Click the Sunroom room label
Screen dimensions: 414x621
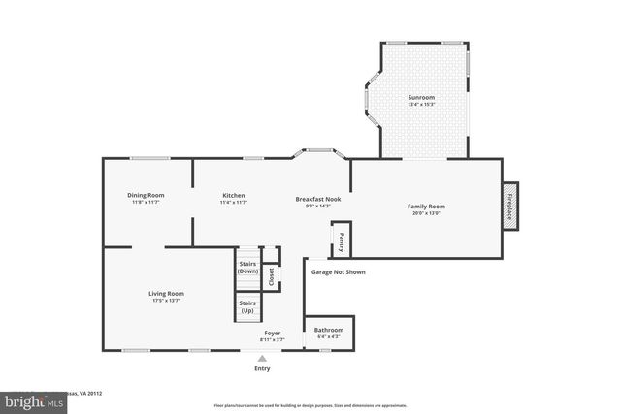[x=421, y=97]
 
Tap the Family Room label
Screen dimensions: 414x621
[x=425, y=206]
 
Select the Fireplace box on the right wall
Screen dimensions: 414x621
[x=509, y=206]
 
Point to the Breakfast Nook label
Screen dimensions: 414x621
[x=318, y=199]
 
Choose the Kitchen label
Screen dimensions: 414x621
[x=233, y=195]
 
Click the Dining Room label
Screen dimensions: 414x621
[x=146, y=195]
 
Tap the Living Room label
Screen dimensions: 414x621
[x=166, y=293]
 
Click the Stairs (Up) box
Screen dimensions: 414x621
[x=247, y=307]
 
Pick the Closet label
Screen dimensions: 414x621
[x=272, y=275]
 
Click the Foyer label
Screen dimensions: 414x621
[x=273, y=333]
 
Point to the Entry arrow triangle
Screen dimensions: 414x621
[x=262, y=358]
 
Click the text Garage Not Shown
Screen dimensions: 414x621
[x=338, y=272]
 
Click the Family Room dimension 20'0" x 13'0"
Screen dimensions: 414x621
[x=425, y=213]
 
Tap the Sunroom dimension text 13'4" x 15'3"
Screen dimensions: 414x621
[x=421, y=105]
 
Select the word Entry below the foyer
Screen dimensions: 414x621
[x=262, y=368]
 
